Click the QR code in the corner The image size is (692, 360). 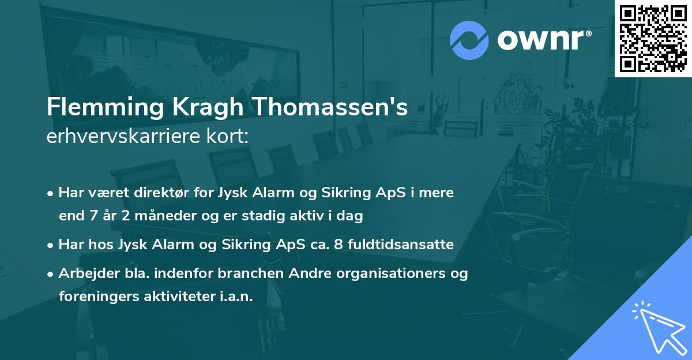[x=653, y=38]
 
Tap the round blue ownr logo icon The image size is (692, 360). [x=469, y=40]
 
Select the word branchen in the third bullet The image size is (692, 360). [x=250, y=273]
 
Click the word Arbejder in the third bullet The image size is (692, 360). [x=84, y=273]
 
